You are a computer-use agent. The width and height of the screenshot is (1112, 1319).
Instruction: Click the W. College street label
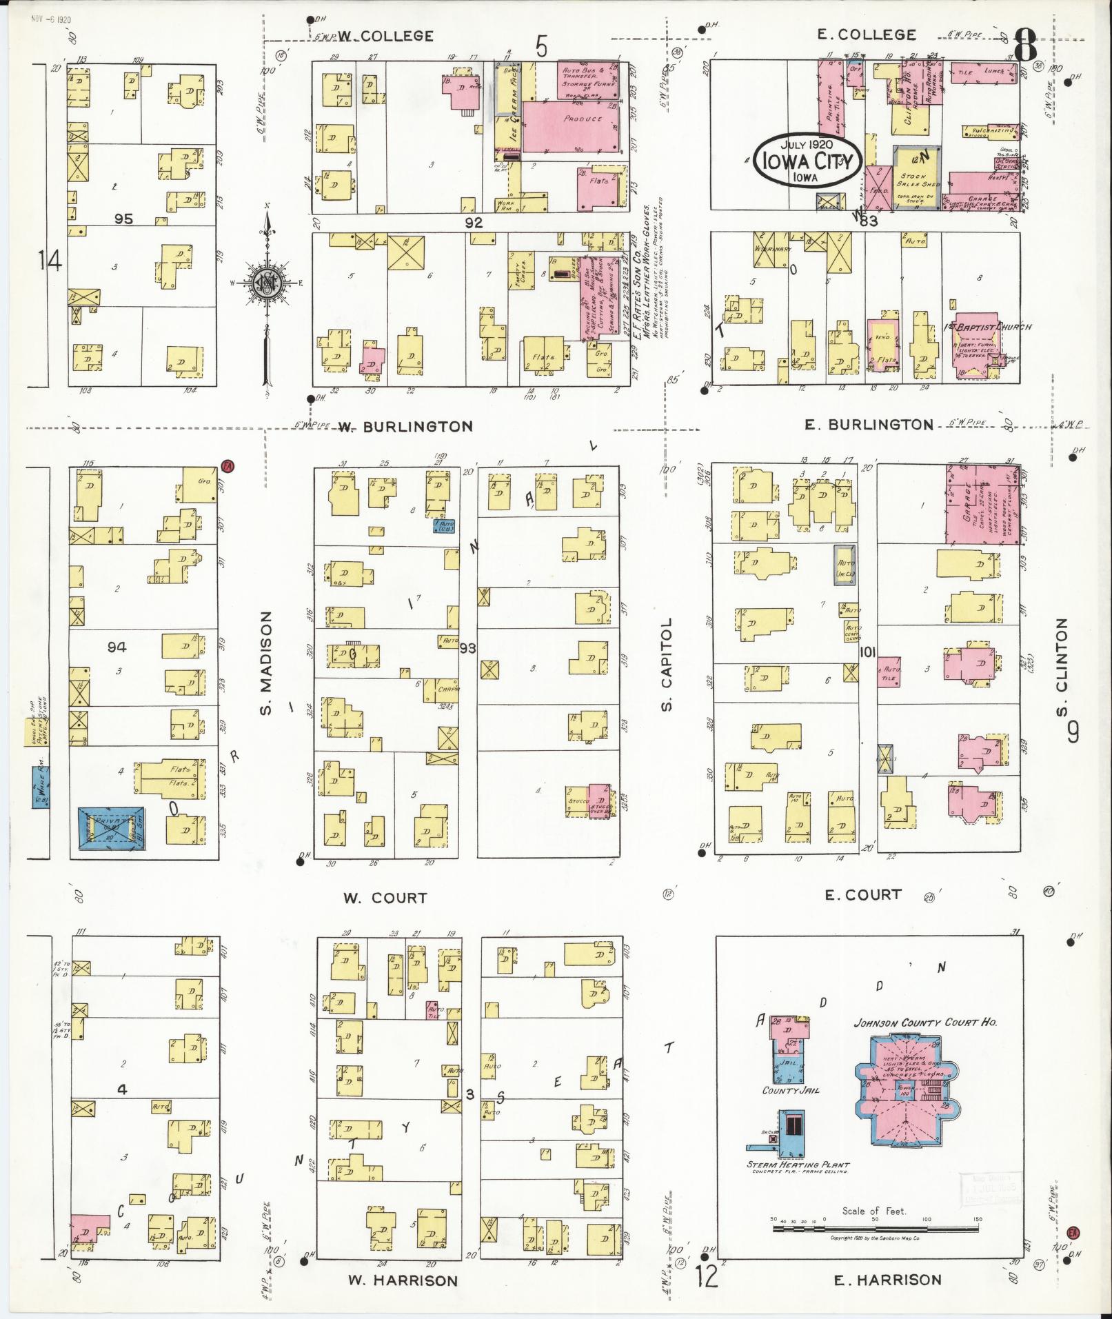(385, 36)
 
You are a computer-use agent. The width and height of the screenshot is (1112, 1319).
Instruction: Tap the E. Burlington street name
(869, 425)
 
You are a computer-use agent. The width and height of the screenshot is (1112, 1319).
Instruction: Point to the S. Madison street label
(267, 663)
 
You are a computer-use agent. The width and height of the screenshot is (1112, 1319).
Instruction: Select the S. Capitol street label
(665, 663)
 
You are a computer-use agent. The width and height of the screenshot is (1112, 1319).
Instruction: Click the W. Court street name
(385, 898)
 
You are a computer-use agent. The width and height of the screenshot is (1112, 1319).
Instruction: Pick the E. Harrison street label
(887, 1280)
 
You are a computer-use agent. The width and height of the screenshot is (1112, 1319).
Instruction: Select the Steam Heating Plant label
(797, 1165)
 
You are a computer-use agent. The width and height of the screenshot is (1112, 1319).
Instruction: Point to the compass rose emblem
(266, 283)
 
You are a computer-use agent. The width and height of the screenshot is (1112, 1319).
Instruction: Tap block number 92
(474, 223)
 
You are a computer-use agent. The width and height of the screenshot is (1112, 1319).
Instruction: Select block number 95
(123, 219)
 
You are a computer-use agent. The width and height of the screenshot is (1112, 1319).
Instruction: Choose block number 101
(868, 651)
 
